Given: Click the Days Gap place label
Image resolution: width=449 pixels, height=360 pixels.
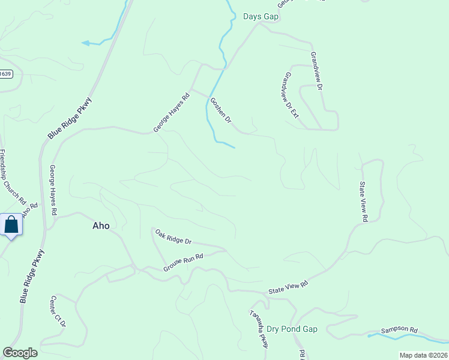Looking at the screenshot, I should pyautogui.click(x=261, y=16).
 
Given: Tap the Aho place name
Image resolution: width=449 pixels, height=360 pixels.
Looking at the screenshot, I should pyautogui.click(x=101, y=226).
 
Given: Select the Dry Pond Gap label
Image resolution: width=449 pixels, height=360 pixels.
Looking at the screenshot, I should pyautogui.click(x=292, y=329).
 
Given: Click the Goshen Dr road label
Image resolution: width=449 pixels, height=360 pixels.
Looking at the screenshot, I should pyautogui.click(x=220, y=110).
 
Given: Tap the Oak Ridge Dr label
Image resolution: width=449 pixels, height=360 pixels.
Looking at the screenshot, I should pyautogui.click(x=173, y=236).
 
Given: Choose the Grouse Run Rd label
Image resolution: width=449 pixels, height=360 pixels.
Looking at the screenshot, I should pyautogui.click(x=184, y=263).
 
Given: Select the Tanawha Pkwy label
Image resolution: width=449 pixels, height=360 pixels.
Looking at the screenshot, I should pyautogui.click(x=259, y=329).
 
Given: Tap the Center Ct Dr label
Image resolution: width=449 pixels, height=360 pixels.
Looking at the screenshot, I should pyautogui.click(x=58, y=311).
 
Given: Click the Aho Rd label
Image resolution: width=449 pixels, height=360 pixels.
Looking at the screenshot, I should pyautogui.click(x=29, y=212).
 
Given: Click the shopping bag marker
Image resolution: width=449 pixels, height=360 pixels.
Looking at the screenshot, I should pyautogui.click(x=11, y=226).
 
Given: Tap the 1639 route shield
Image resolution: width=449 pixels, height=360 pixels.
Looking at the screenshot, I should pyautogui.click(x=5, y=74).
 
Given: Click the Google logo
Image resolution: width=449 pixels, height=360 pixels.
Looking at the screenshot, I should pyautogui.click(x=20, y=353).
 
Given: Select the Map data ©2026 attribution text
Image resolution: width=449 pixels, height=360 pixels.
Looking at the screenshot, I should pyautogui.click(x=423, y=355).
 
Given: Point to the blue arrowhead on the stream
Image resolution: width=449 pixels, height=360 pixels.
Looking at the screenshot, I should pyautogui.click(x=85, y=43).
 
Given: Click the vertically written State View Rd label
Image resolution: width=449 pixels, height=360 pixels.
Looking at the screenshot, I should pyautogui.click(x=363, y=202).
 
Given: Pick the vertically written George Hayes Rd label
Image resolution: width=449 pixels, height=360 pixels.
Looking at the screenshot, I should pyautogui.click(x=53, y=190).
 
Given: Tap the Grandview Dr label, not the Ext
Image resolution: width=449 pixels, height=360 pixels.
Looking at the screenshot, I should pyautogui.click(x=316, y=71).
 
